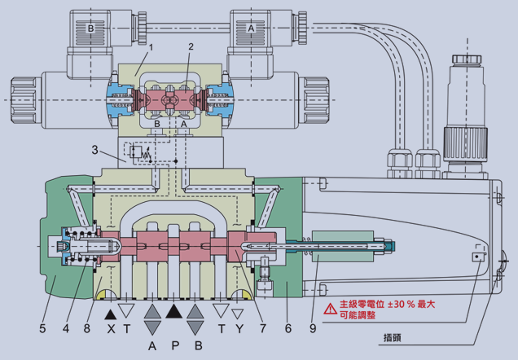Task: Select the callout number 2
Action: (191, 47)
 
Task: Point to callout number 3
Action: (94, 151)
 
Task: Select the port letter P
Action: (173, 344)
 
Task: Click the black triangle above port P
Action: (173, 310)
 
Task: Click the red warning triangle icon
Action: (329, 309)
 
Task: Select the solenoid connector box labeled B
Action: (92, 29)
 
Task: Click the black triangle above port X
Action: (111, 311)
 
